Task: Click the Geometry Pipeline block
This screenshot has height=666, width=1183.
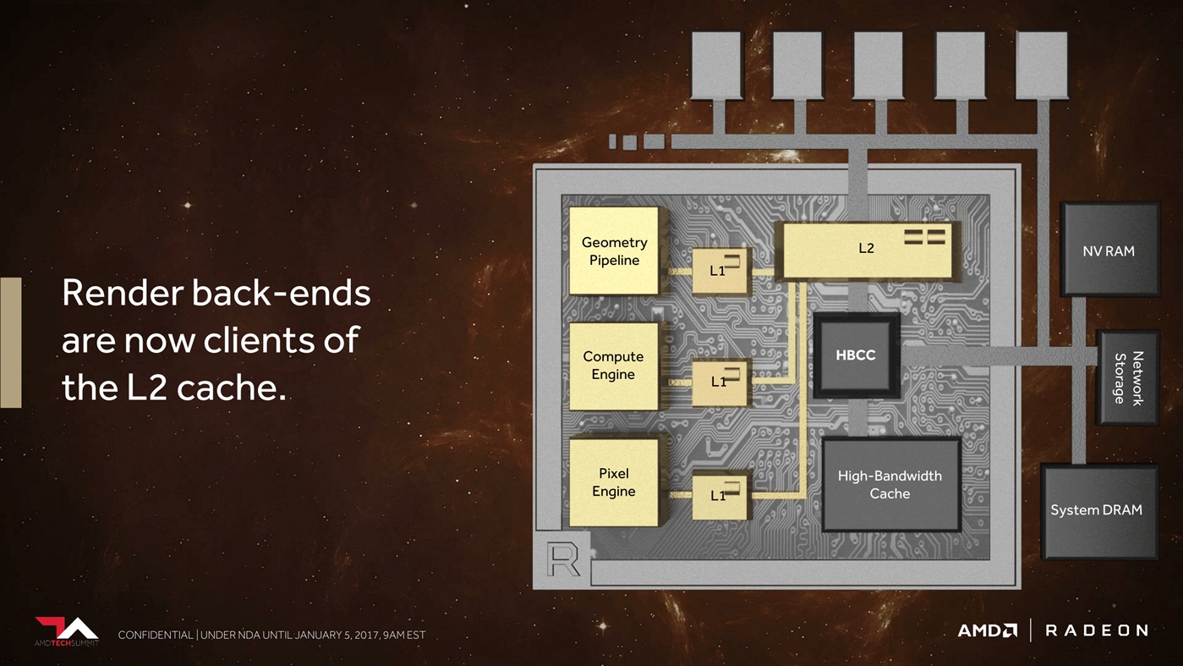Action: [x=614, y=250]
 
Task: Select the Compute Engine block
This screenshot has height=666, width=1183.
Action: [x=613, y=366]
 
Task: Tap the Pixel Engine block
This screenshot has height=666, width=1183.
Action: [x=613, y=482]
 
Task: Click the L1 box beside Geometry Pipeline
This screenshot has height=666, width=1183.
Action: [x=720, y=271]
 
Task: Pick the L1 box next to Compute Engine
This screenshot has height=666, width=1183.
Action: [x=720, y=382]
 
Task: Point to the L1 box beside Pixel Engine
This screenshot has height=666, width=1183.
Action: [x=720, y=495]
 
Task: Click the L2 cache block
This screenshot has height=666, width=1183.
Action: [x=867, y=249]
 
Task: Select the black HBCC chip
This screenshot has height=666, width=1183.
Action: [x=856, y=355]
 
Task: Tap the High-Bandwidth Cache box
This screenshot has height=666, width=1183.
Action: [x=890, y=485]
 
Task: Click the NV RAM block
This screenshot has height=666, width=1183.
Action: [x=1109, y=250]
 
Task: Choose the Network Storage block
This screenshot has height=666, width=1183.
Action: [x=1127, y=377]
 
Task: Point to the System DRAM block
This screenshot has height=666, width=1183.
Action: [x=1096, y=510]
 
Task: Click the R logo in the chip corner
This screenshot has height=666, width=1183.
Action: [x=564, y=559]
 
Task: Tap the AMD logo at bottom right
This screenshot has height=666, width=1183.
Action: [x=987, y=630]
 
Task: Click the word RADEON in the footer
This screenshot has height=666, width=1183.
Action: [x=1096, y=630]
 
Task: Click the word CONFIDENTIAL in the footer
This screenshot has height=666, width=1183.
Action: [x=155, y=635]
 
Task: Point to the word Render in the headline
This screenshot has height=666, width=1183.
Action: [x=122, y=293]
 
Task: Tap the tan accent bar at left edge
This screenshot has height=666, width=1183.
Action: [x=10, y=342]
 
